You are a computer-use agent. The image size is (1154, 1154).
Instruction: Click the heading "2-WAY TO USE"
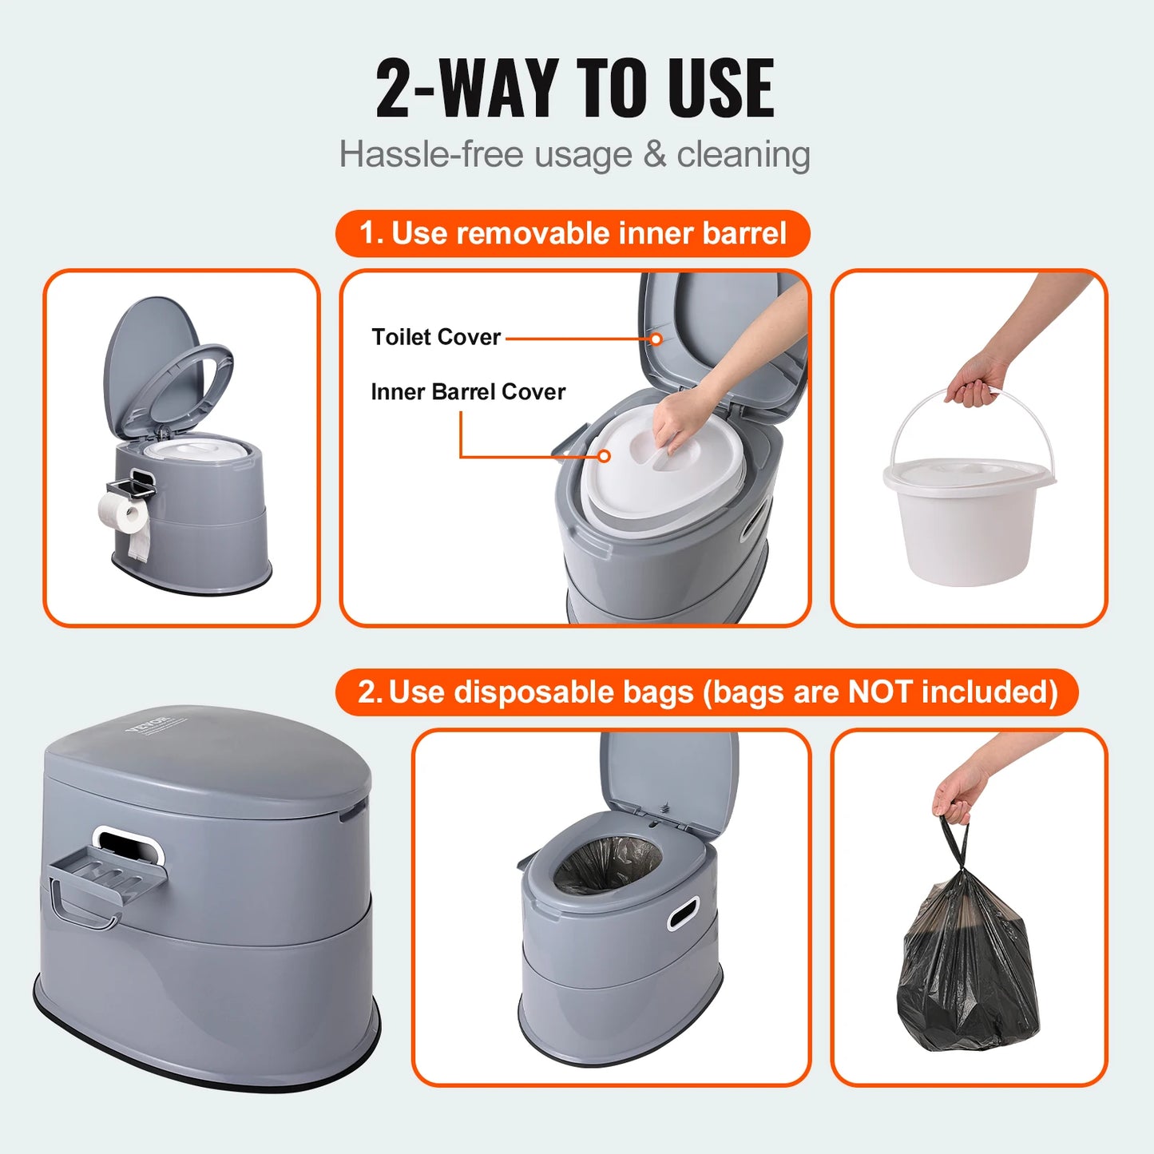[575, 88]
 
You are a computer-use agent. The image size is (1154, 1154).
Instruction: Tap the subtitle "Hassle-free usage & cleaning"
[575, 154]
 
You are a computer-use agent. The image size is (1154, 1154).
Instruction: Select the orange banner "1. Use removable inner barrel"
[573, 233]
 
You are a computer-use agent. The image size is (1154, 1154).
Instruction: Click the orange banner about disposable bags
[707, 692]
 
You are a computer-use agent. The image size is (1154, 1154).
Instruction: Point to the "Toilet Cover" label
[436, 337]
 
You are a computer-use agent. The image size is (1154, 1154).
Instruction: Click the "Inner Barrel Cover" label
[468, 391]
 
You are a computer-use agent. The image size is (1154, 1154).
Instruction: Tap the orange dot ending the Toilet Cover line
[656, 339]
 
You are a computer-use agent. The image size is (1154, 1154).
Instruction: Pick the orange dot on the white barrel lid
[605, 456]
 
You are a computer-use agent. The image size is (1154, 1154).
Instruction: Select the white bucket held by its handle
[968, 519]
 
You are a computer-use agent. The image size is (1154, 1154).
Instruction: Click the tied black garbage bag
[968, 966]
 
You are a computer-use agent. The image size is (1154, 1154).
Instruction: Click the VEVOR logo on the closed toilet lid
[149, 724]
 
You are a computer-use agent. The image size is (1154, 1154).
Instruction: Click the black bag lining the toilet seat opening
[607, 866]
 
